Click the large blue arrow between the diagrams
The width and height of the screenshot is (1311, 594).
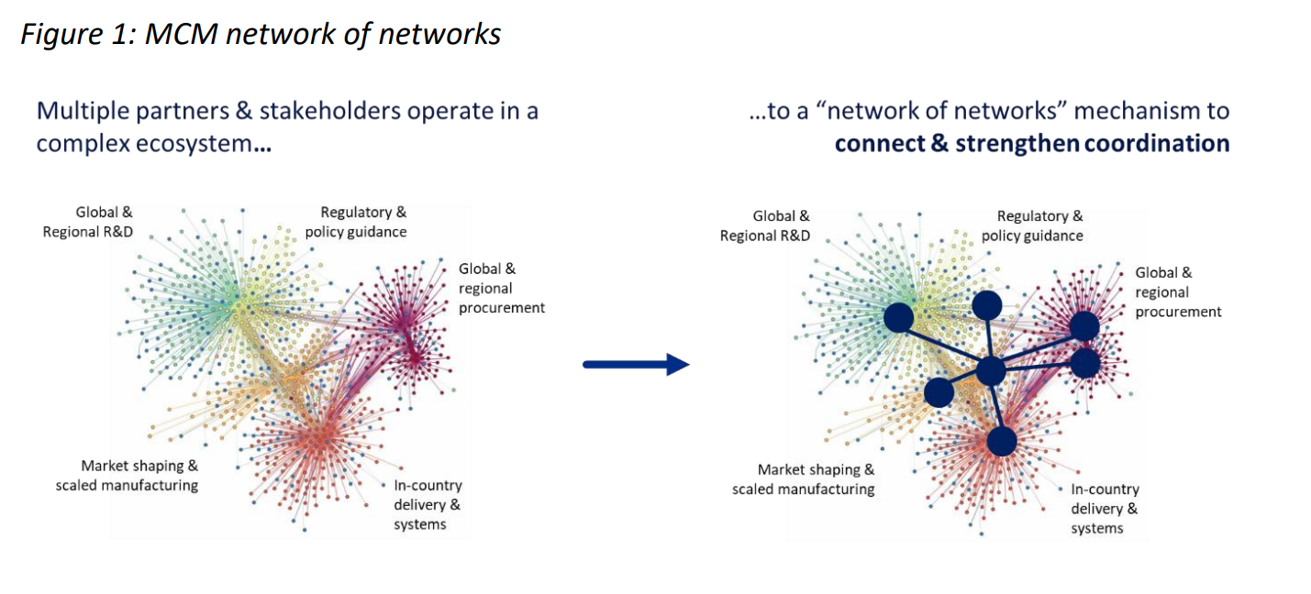coord(636,364)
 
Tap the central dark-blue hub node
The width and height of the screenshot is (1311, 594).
coord(991,370)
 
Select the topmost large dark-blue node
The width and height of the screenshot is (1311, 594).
coord(987,306)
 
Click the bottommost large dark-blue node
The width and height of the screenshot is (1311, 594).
coord(1002,441)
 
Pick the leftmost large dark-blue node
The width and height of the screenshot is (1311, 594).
coord(898,317)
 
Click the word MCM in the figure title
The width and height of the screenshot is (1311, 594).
coord(181,34)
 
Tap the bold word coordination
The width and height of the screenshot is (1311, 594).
coord(1157,143)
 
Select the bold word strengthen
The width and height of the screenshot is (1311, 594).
coord(1017,145)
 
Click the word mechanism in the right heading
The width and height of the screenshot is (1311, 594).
coord(1137,111)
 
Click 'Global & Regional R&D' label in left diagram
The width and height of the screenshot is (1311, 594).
coord(88,222)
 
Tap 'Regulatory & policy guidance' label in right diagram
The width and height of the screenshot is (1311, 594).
coord(1032,225)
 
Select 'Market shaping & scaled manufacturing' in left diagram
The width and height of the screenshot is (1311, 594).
coord(127,476)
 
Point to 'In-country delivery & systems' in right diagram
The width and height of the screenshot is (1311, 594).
coord(1105,509)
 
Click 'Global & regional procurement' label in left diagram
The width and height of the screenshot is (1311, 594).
coord(502,288)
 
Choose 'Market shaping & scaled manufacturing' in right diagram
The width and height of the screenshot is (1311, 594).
coord(804,479)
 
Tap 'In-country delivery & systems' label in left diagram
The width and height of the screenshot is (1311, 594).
coord(428,504)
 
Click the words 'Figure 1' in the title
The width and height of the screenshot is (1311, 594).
coord(78,34)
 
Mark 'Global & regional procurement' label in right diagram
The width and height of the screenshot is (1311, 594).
coord(1178,292)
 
